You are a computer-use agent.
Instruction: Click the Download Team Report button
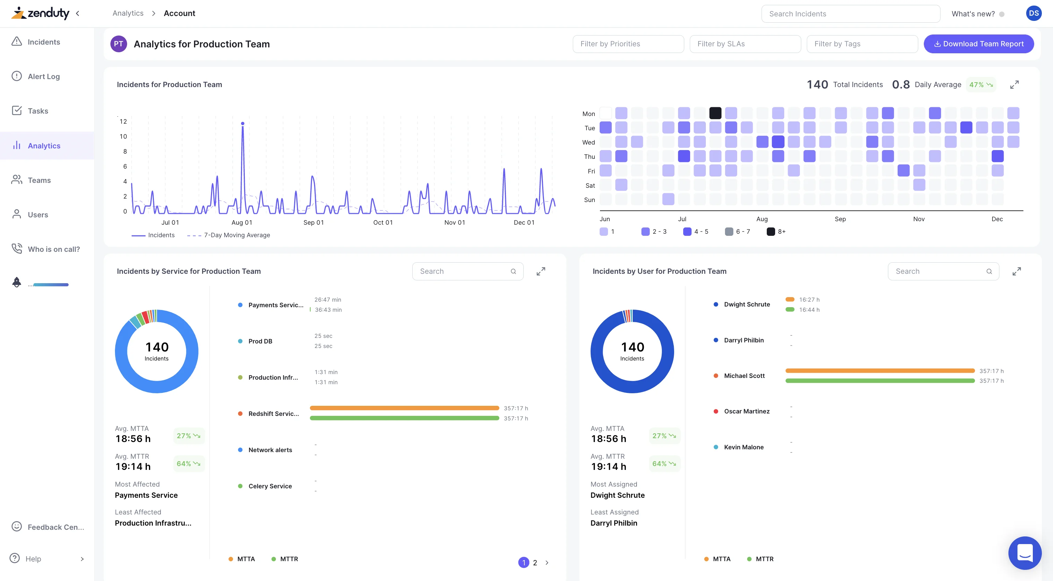pyautogui.click(x=978, y=44)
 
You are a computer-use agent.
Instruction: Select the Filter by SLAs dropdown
pyautogui.click(x=745, y=44)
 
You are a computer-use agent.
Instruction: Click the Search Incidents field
pyautogui.click(x=850, y=14)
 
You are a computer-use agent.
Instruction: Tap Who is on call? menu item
pyautogui.click(x=54, y=249)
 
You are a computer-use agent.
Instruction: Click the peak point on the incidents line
pyautogui.click(x=243, y=123)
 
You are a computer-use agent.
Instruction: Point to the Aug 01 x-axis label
pyautogui.click(x=242, y=223)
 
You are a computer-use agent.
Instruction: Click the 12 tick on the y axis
pyautogui.click(x=123, y=122)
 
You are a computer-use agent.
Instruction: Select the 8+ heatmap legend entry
pyautogui.click(x=776, y=231)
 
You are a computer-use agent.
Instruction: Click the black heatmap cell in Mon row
pyautogui.click(x=715, y=113)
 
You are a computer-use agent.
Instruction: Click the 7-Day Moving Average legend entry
pyautogui.click(x=237, y=235)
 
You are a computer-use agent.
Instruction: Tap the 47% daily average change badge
pyautogui.click(x=981, y=85)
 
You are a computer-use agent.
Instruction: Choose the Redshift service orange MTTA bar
pyautogui.click(x=404, y=408)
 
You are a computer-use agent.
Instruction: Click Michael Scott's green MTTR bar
pyautogui.click(x=880, y=381)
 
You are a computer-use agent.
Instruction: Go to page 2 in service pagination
pyautogui.click(x=535, y=563)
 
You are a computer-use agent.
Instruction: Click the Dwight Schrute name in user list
pyautogui.click(x=747, y=304)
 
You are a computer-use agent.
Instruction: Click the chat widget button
pyautogui.click(x=1024, y=553)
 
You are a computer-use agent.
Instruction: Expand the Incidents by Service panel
pyautogui.click(x=540, y=271)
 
